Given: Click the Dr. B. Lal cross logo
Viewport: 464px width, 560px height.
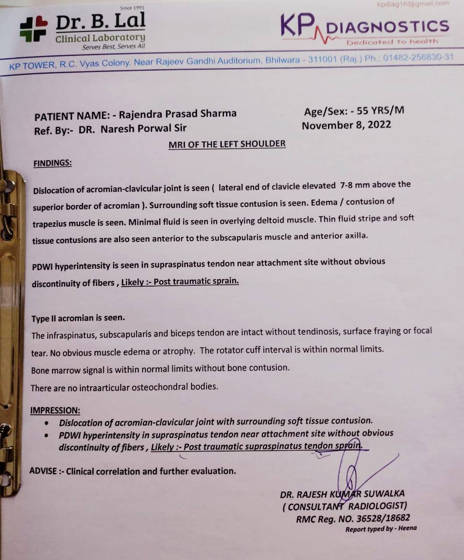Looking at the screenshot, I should pyautogui.click(x=33, y=29).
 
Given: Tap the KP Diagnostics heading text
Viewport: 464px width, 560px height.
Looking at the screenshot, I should pyautogui.click(x=365, y=27).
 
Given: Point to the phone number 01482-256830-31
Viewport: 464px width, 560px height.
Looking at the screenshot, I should pyautogui.click(x=418, y=58).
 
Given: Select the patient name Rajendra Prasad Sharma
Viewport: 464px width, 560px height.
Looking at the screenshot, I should pyautogui.click(x=178, y=114).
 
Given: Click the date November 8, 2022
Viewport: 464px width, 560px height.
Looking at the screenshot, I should pyautogui.click(x=346, y=126).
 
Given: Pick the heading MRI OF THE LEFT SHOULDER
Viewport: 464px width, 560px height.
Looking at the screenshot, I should pyautogui.click(x=227, y=144).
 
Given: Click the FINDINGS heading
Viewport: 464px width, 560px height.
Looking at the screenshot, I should pyautogui.click(x=52, y=163).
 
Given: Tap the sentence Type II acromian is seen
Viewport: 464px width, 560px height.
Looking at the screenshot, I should pyautogui.click(x=78, y=318).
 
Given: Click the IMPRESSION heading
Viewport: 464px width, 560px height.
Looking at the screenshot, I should pyautogui.click(x=55, y=410).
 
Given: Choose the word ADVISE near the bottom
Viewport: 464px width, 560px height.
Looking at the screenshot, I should pyautogui.click(x=43, y=471).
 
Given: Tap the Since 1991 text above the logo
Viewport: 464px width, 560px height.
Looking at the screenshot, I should pyautogui.click(x=132, y=8).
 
